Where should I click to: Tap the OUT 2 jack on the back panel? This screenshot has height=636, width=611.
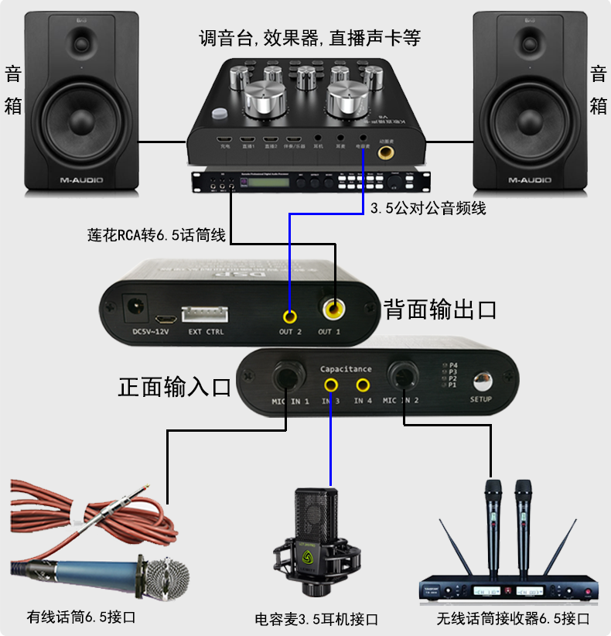(290, 315)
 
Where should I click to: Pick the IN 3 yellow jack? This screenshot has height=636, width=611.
(331, 385)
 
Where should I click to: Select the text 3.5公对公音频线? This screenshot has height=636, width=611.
(428, 208)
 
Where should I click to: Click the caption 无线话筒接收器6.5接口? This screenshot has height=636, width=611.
(513, 618)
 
